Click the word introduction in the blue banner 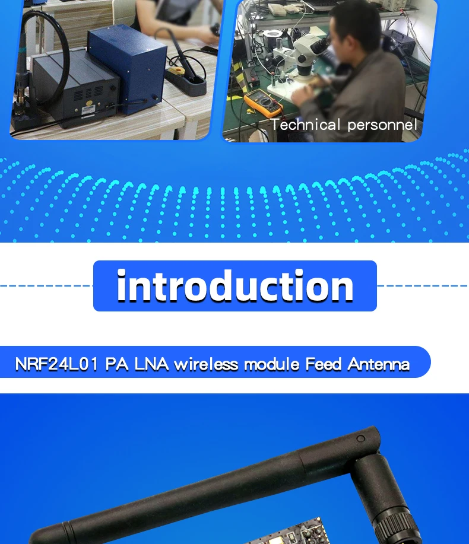coord(235,286)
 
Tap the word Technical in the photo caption coord(306,125)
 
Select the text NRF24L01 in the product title coord(56,364)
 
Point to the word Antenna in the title coord(378,364)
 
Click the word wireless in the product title coord(206,364)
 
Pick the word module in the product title coord(272,364)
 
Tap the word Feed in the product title coord(323,364)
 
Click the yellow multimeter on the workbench coord(263,103)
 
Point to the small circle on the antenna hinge coord(361,439)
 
